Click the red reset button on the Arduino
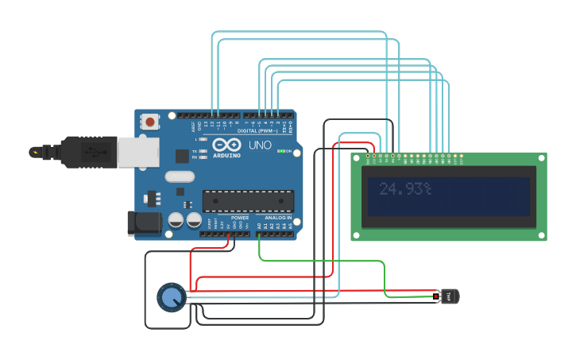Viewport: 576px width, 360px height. [149, 122]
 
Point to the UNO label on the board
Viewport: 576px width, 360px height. [261, 146]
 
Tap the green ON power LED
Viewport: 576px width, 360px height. [279, 151]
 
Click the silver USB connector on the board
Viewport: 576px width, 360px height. [138, 152]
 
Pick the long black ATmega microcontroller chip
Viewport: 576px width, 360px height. [248, 202]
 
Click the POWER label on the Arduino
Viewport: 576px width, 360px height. [240, 218]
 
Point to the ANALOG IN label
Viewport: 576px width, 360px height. [278, 218]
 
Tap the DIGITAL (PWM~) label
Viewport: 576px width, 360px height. [265, 131]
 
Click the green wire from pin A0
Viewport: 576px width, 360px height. [318, 261]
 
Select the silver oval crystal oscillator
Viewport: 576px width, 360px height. [179, 177]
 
